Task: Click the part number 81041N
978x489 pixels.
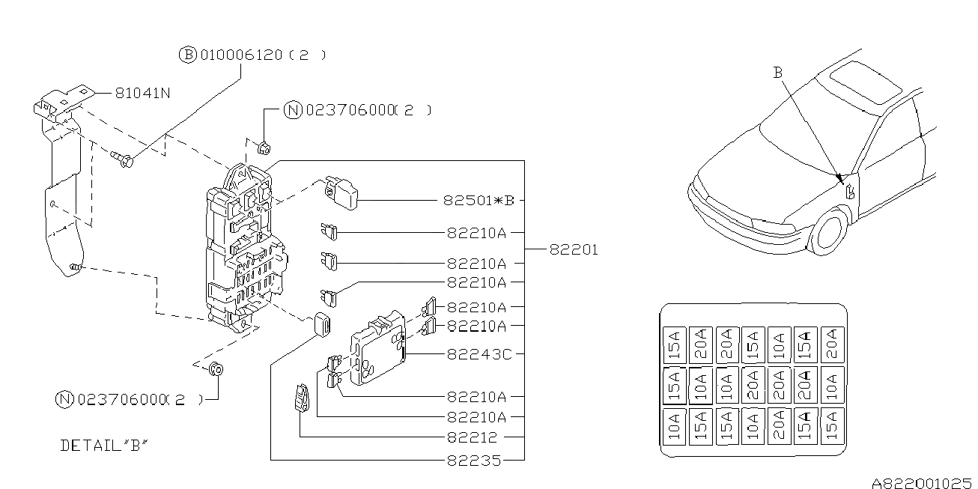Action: pyautogui.click(x=142, y=94)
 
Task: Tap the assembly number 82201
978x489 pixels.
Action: pyautogui.click(x=574, y=250)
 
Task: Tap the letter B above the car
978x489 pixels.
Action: pyautogui.click(x=778, y=73)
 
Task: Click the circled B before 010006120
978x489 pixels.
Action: pyautogui.click(x=187, y=55)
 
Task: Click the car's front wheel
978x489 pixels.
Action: pyautogui.click(x=829, y=231)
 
